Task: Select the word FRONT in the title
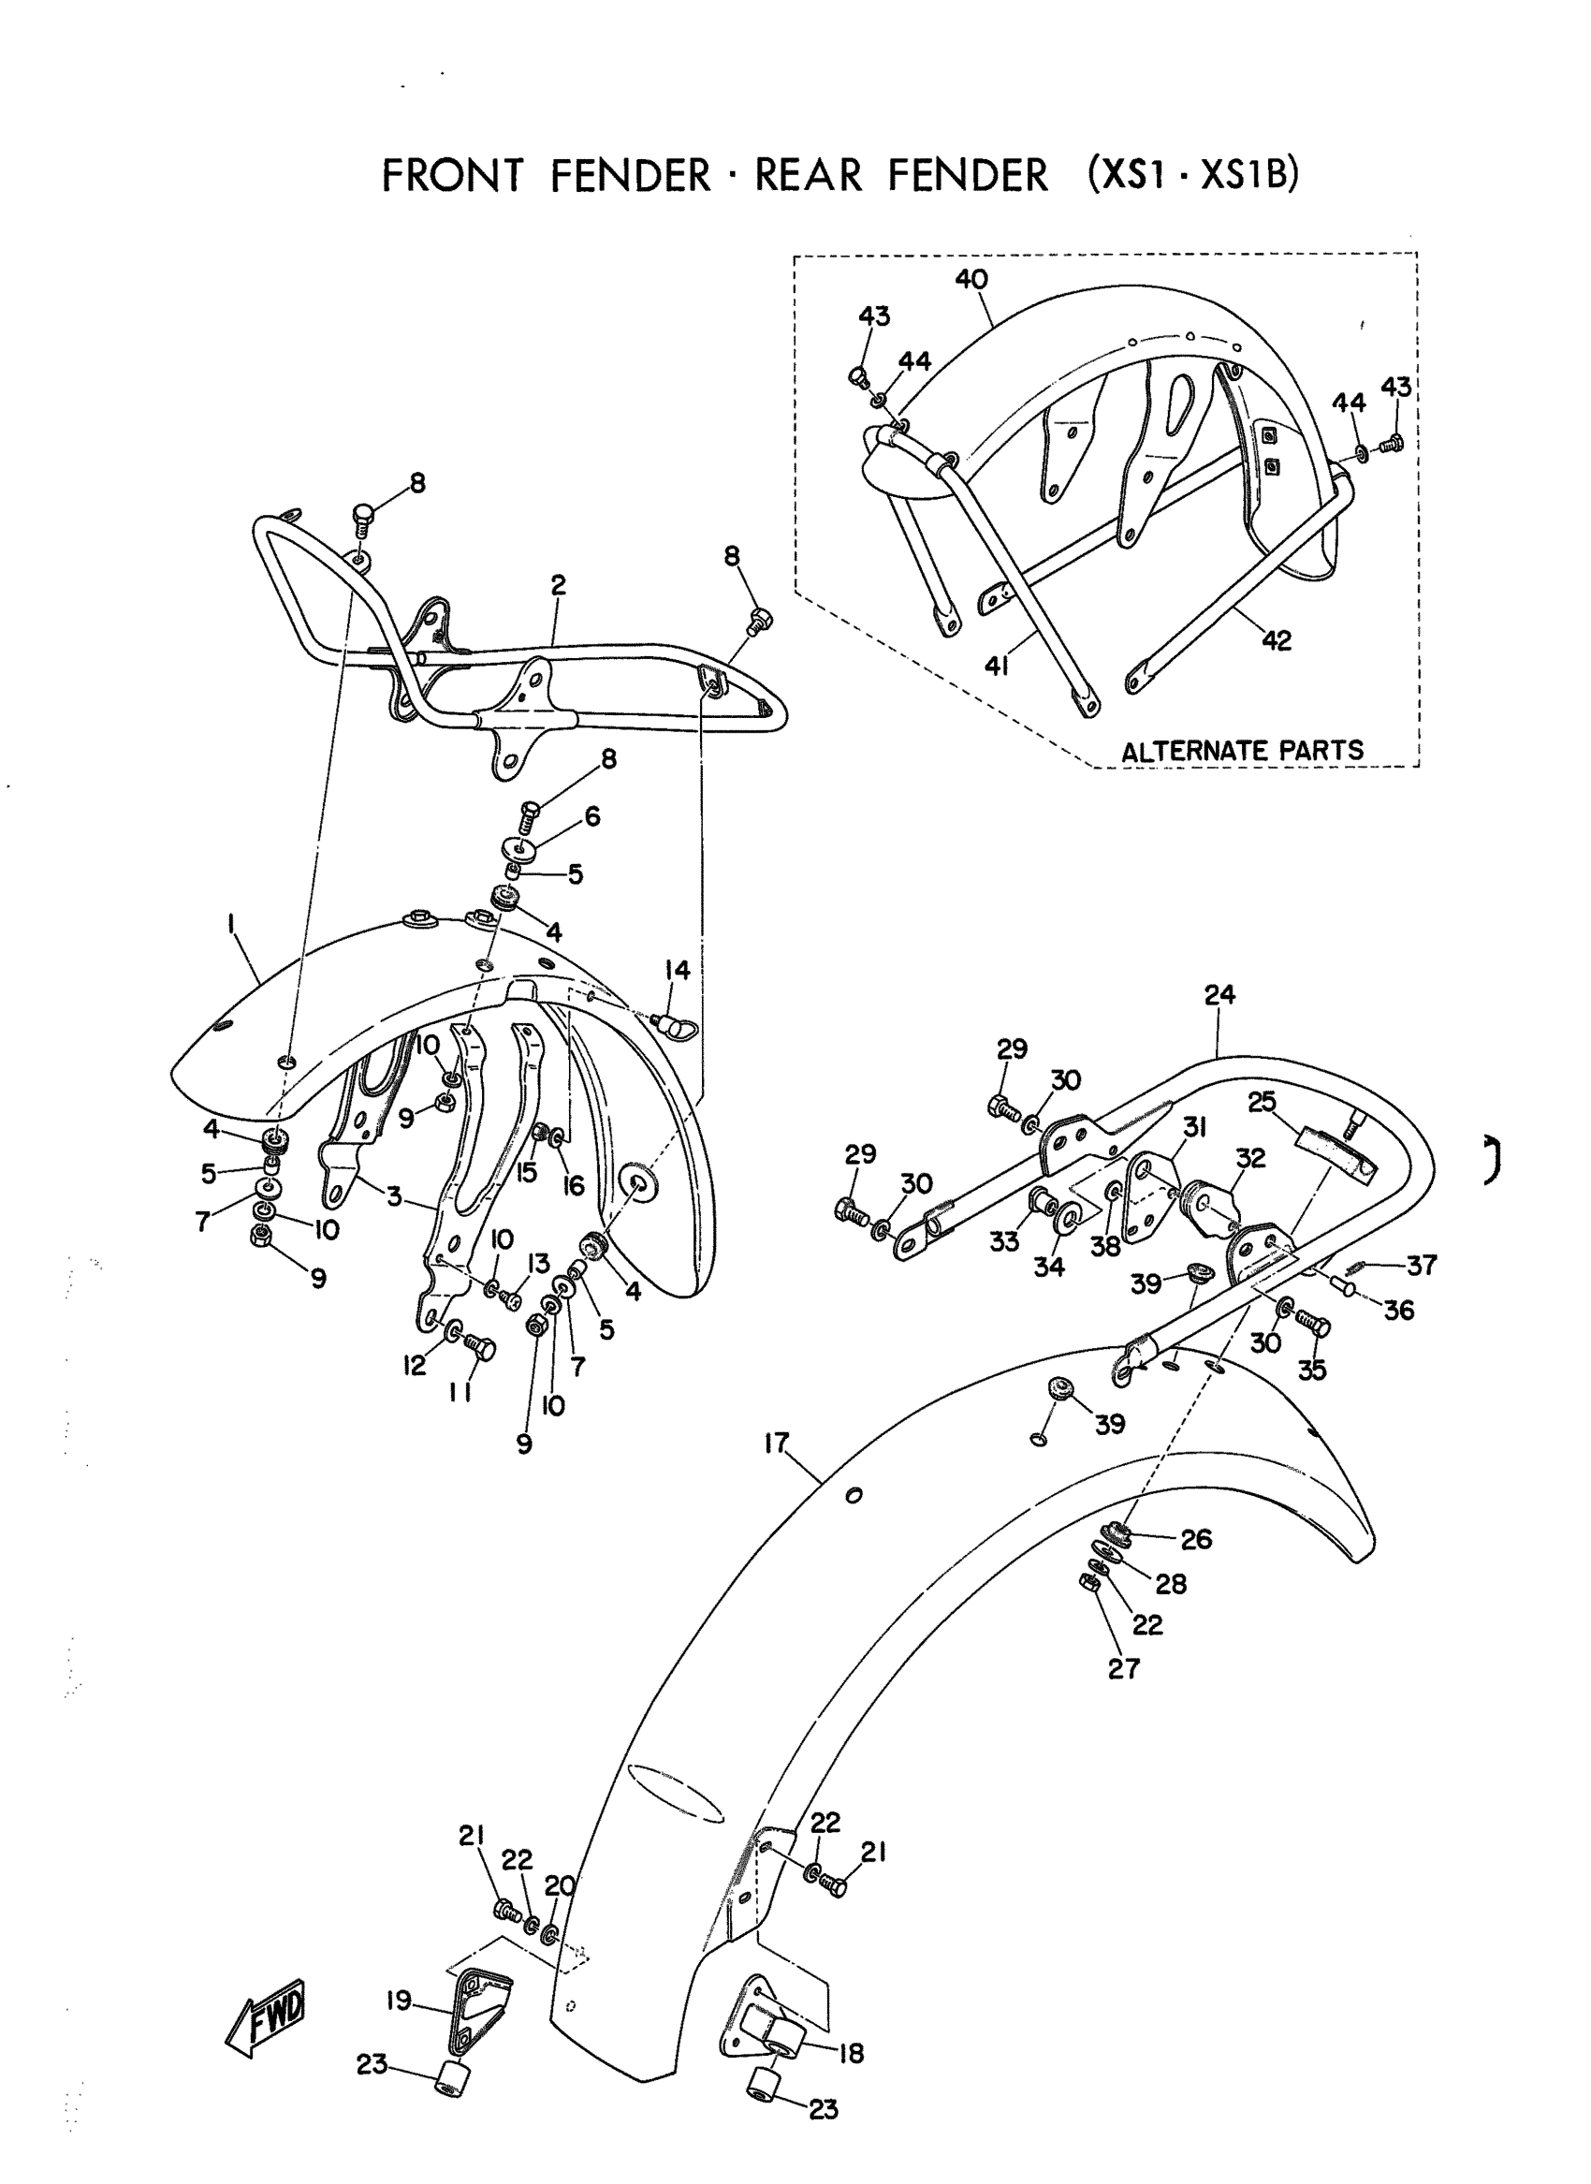point(453,176)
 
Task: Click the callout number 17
point(776,1443)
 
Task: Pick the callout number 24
point(1219,994)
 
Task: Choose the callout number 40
point(971,279)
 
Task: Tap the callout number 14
point(678,970)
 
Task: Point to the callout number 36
point(1398,1310)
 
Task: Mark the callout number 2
point(559,585)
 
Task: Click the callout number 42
point(1276,639)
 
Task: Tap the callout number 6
point(592,816)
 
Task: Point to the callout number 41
point(997,665)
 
